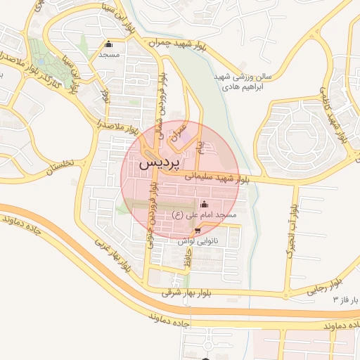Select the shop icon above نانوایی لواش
click(198, 230)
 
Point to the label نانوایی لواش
click(195, 240)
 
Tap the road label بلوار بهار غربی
click(113, 250)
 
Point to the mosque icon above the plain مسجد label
click(108, 44)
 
